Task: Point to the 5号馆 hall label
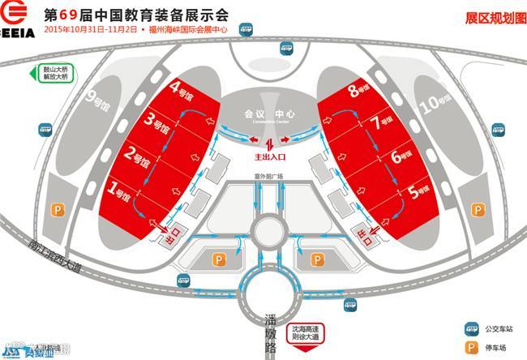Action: click(x=420, y=193)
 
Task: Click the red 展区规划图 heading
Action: click(x=495, y=17)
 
